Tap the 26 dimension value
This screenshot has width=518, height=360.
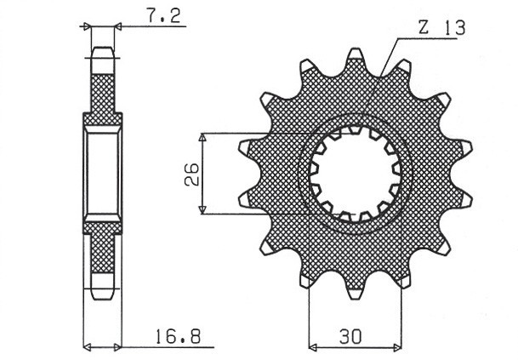click(192, 174)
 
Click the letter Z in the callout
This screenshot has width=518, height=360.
click(424, 28)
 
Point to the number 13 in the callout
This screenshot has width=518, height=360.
click(453, 28)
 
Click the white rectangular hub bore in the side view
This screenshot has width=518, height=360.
click(102, 174)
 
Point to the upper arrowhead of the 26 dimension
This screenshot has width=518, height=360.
click(202, 137)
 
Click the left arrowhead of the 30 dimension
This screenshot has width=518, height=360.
click(313, 347)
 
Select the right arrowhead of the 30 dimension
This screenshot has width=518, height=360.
click(397, 347)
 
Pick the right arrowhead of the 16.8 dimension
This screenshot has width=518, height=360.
click(118, 347)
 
